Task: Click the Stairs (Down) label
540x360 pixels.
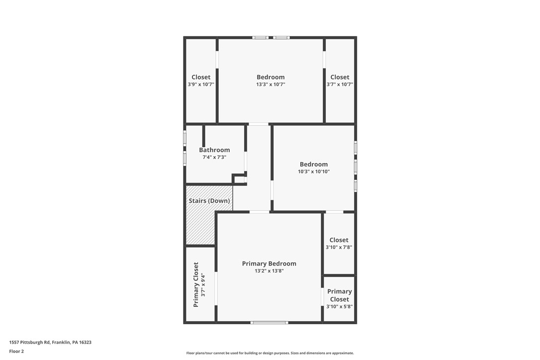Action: coord(209,201)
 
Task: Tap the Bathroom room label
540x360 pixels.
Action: coord(214,150)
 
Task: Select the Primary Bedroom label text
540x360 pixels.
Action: coord(269,264)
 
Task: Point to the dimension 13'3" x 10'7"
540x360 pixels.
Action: coord(270,85)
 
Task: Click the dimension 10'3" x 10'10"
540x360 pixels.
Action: coord(314,172)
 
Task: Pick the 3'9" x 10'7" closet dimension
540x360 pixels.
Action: coord(201,85)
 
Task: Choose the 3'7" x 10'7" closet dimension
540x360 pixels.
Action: coord(340,85)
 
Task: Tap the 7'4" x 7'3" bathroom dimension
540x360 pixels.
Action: coord(214,157)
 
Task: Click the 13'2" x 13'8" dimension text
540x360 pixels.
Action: coord(269,271)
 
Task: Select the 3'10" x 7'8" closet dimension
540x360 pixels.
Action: coord(339,247)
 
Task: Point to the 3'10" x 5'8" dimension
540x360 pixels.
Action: coord(339,307)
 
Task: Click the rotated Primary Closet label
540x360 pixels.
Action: coord(196,284)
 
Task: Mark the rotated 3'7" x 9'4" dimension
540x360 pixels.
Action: coord(203,284)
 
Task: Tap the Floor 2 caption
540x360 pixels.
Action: coord(16,351)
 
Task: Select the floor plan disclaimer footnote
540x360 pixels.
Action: coord(270,353)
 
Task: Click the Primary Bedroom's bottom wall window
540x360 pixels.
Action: coord(269,323)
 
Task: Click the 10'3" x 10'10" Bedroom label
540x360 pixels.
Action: coord(314,164)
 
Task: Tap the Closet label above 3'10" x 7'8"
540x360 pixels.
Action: coord(339,240)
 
